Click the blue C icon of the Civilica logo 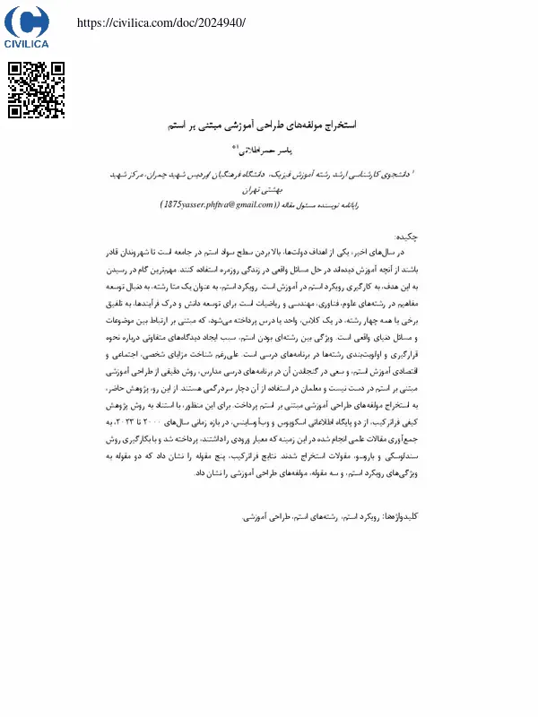26,21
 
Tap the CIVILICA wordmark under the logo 27,42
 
